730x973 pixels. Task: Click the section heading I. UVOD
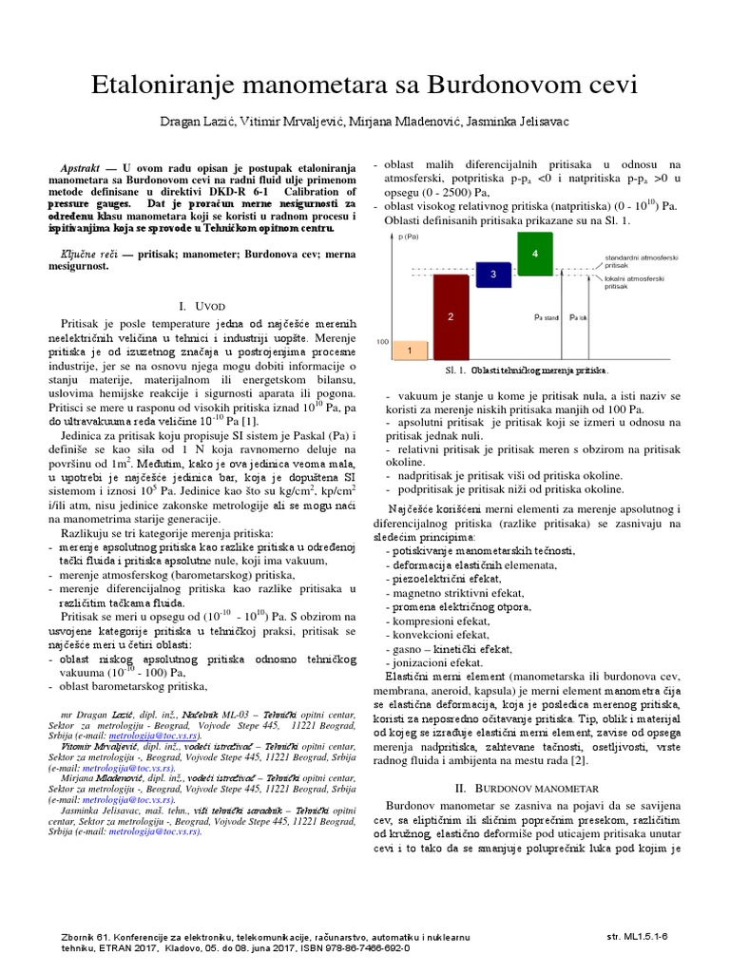tap(204, 307)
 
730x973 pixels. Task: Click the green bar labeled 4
tap(536, 254)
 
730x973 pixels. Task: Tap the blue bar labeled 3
tap(493, 274)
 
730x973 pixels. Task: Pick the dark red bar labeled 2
tap(451, 315)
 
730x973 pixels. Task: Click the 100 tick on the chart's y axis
tap(382, 340)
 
